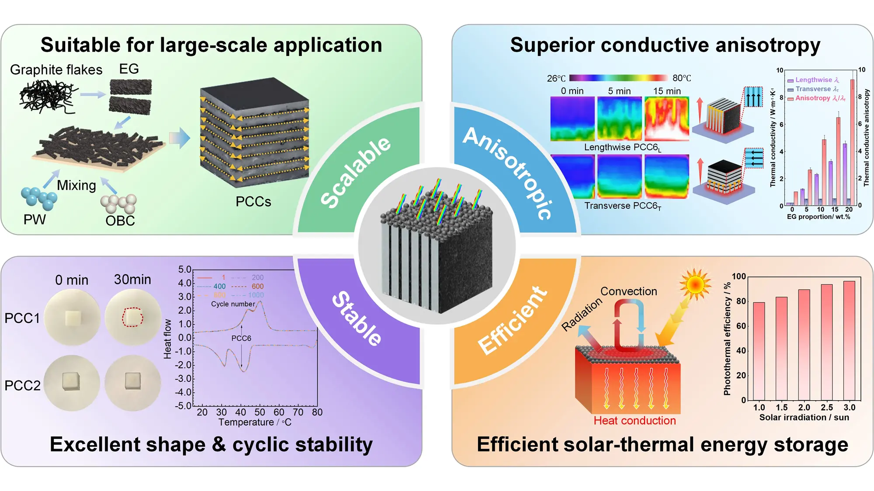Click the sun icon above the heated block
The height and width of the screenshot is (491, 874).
point(695,284)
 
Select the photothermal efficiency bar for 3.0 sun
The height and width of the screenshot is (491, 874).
point(849,341)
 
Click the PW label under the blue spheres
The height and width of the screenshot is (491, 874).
point(35,219)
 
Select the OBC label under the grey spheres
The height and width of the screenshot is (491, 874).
point(120,221)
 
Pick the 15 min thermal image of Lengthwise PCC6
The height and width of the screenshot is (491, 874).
point(667,119)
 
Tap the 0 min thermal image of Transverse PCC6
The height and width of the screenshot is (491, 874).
point(572,176)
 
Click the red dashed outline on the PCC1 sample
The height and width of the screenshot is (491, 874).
point(132,317)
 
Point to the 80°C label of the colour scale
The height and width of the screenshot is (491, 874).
point(682,78)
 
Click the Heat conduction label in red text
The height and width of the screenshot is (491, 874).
point(635,421)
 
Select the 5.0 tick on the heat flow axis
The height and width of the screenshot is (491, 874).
point(184,270)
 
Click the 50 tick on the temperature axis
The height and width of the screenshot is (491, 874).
point(260,412)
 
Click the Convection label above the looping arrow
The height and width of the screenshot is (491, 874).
point(628,291)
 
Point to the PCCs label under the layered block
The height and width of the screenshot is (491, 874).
point(253,202)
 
